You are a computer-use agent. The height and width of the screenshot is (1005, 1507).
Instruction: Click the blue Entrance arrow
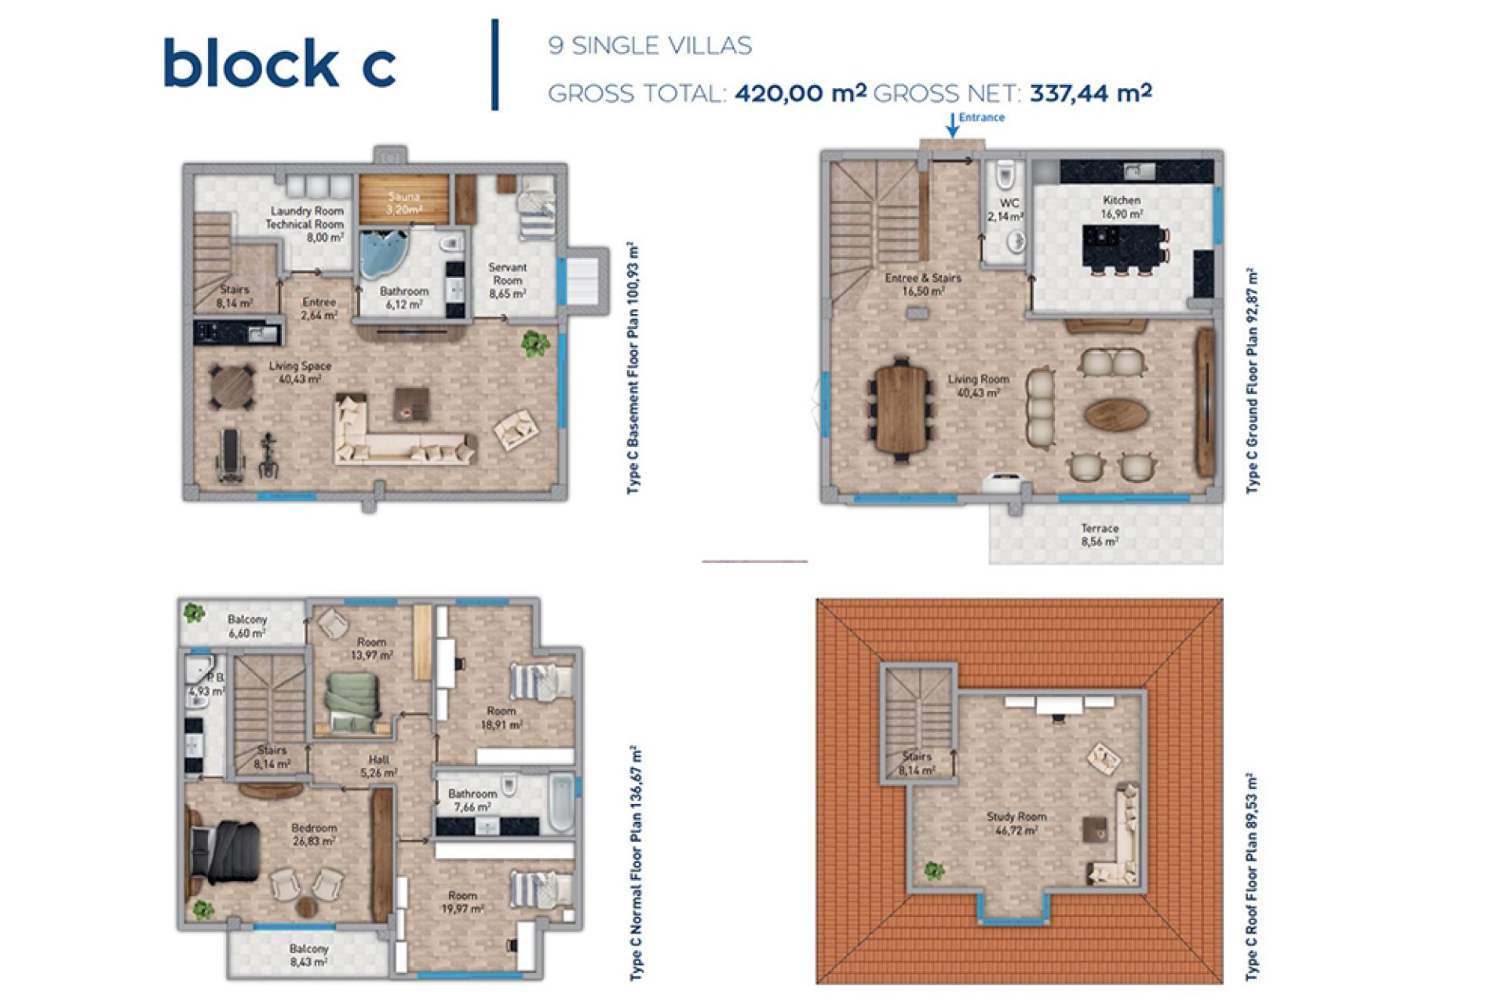tap(952, 125)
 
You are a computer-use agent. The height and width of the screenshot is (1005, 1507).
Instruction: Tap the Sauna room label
tap(403, 203)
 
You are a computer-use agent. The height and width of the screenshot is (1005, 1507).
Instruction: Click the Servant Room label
tap(507, 280)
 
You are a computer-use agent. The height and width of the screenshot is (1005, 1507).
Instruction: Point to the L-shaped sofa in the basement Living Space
tap(403, 432)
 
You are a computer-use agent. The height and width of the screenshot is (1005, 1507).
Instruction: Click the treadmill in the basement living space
tap(229, 455)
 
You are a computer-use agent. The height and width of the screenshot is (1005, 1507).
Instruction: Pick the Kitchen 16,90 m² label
tap(1121, 207)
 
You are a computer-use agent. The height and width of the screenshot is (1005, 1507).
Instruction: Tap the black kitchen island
tap(1121, 247)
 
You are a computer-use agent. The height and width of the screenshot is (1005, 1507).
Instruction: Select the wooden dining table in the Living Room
tap(902, 409)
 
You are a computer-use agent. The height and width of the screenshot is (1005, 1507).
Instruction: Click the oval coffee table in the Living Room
tap(1116, 414)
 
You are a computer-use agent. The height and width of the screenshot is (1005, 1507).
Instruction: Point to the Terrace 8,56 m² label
tap(1099, 535)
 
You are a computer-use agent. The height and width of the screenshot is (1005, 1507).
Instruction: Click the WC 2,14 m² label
tap(1006, 210)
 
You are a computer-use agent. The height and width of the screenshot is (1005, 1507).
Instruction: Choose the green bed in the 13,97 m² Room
tap(353, 703)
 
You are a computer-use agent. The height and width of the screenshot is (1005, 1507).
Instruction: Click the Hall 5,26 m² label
tap(378, 766)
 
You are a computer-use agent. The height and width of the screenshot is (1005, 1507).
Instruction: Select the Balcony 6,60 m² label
tap(246, 627)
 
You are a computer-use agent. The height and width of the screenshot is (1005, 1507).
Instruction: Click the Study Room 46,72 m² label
tap(1016, 823)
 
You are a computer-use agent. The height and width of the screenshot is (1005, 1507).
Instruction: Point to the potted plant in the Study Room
tap(933, 871)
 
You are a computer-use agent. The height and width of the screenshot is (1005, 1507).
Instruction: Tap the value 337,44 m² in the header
tap(1090, 93)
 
